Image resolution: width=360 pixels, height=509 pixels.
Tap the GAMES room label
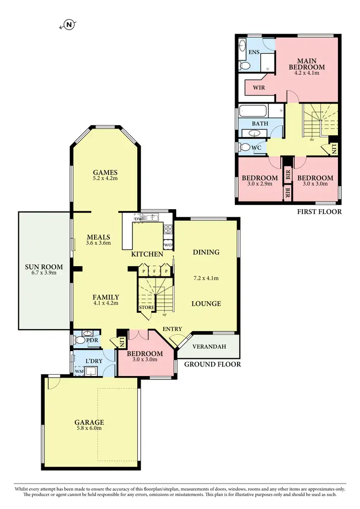coord(105,173)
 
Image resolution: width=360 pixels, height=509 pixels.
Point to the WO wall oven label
coord(168,245)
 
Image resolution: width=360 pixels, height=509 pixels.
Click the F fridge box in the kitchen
coord(154,271)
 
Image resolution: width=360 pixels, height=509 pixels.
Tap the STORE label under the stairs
coord(146,308)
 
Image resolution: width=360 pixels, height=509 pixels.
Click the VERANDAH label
coord(209,346)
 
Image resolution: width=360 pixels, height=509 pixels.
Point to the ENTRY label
coord(172,329)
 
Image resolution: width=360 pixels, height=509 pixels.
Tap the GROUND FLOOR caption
coord(212,365)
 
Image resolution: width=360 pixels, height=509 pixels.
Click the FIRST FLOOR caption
coord(319,211)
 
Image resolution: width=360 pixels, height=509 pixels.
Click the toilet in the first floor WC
coord(245,147)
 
